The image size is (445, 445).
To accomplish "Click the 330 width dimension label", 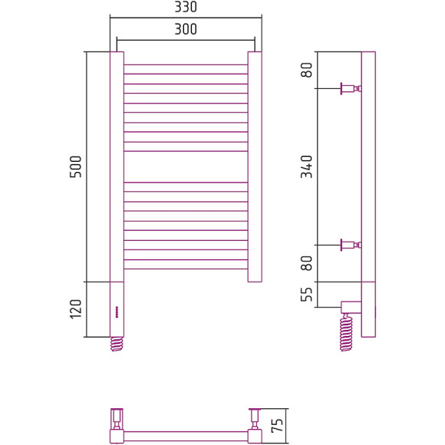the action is (x=186, y=7).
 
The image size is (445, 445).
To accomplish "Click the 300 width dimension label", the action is (x=186, y=29).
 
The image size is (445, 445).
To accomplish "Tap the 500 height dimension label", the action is (x=75, y=166).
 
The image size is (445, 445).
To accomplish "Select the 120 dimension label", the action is (x=75, y=308).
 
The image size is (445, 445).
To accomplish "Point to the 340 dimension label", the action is (x=306, y=166).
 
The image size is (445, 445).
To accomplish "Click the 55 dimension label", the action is (x=306, y=295).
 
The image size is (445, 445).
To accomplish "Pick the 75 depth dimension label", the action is (x=277, y=425).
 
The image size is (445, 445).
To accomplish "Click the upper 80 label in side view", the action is (x=306, y=70).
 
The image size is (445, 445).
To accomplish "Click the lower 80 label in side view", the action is (x=306, y=263).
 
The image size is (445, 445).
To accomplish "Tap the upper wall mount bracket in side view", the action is (x=351, y=88).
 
